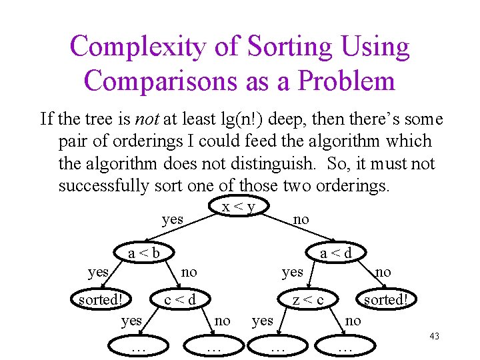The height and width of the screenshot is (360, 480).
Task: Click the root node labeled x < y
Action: [239, 207]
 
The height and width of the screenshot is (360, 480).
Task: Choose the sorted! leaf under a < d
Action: [385, 299]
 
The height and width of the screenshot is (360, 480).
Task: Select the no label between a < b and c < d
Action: [189, 271]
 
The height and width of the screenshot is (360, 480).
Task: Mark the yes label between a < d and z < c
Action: [293, 271]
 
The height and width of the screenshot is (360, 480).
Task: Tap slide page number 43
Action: [434, 336]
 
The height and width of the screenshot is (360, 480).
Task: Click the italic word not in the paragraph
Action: [147, 119]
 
